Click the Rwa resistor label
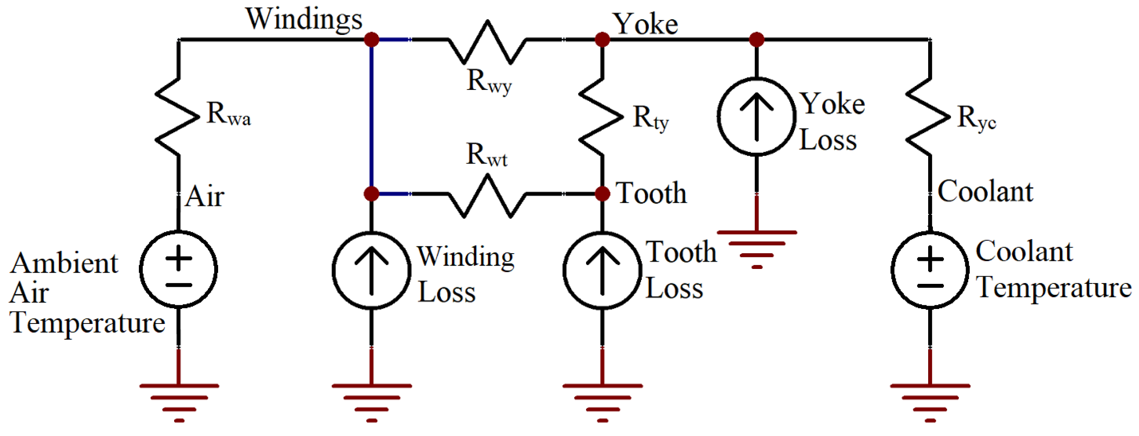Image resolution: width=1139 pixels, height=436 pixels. click(228, 114)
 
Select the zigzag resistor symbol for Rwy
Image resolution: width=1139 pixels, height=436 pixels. click(487, 42)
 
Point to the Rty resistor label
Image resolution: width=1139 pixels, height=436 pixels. click(650, 118)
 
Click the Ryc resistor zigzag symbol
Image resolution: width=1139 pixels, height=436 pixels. click(929, 117)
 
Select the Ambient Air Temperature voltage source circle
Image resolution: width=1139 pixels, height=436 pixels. click(178, 269)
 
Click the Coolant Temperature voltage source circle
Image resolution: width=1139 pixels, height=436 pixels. click(930, 270)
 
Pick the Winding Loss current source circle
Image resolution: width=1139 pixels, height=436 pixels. click(371, 270)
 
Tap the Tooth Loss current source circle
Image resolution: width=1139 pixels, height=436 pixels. click(602, 270)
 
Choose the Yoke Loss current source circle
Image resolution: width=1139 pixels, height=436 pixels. click(756, 116)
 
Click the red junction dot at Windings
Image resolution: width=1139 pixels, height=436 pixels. click(371, 40)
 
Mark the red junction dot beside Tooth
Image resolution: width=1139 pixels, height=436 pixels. click(602, 193)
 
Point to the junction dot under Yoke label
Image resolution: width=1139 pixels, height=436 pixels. click(602, 40)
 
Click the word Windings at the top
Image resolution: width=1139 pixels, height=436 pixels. click(304, 19)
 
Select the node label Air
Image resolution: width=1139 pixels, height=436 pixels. click(205, 196)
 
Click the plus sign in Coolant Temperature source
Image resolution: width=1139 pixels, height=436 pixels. click(930, 259)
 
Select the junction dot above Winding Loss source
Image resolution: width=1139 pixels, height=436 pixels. click(371, 193)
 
